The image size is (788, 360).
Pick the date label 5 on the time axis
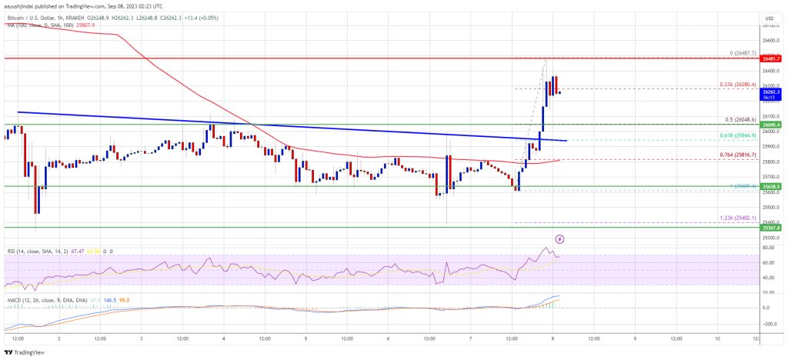click(x=306, y=337)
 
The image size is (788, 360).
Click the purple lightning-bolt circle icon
click(x=559, y=240)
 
